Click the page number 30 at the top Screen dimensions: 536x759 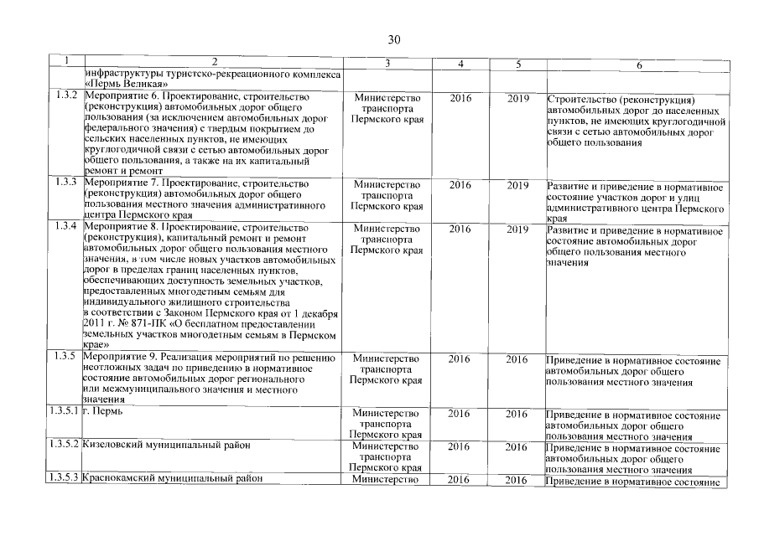pos(395,39)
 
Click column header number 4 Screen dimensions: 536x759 pos(460,64)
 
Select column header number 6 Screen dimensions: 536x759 pos(639,64)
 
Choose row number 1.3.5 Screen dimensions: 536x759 pos(65,358)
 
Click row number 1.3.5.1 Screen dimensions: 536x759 pos(63,414)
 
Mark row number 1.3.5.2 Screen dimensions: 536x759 pos(63,446)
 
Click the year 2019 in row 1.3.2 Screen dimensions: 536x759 pos(518,99)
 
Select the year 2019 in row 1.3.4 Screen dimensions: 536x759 pos(518,228)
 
